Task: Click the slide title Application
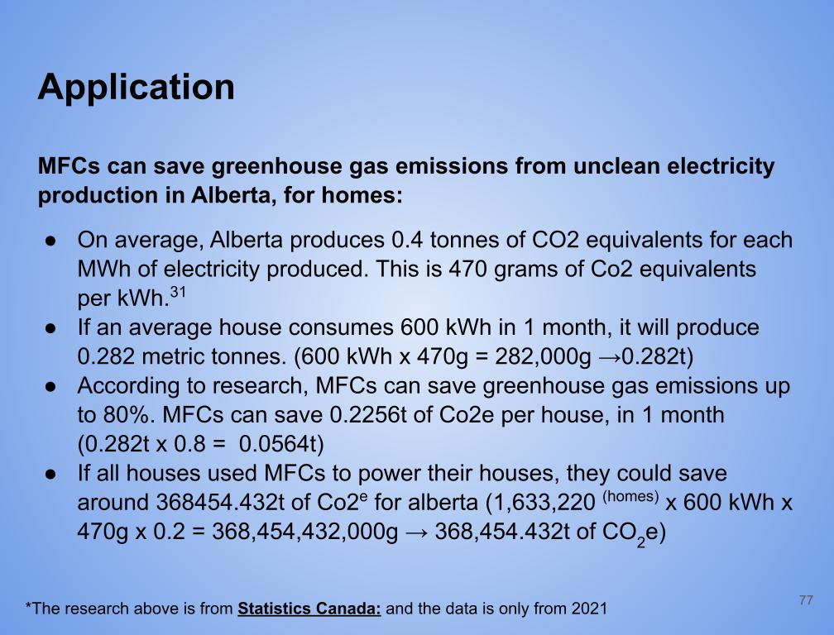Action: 137,88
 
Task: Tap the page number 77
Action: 806,600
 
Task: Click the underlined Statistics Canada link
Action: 309,609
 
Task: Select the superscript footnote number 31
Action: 178,292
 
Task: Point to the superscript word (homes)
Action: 630,496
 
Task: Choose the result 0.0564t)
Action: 281,444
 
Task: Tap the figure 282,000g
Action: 543,357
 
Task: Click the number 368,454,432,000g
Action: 304,532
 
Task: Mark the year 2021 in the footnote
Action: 589,609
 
